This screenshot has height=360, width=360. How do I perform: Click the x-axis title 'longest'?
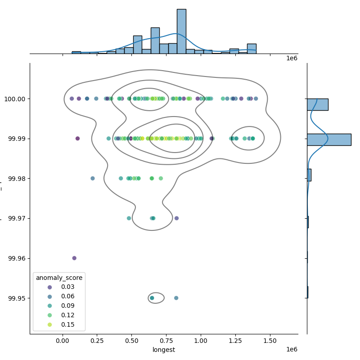coord(164,350)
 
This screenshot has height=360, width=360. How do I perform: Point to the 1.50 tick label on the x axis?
coord(270,341)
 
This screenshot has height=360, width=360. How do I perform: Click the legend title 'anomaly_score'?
coord(59,278)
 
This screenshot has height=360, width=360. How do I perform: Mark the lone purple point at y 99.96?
coord(74,258)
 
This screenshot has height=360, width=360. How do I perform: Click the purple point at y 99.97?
coord(176,218)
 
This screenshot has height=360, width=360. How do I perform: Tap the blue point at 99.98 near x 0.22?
coord(93,178)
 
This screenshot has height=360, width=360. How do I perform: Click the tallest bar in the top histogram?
coord(181,31)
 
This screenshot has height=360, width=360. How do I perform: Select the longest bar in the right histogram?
coord(328,139)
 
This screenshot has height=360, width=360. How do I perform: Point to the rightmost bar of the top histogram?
coord(252,49)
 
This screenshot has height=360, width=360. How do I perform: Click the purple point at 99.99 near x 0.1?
coord(77,139)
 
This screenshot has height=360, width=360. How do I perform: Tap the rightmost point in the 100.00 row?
coord(256,99)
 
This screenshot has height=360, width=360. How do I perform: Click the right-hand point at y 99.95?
coord(176,298)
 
